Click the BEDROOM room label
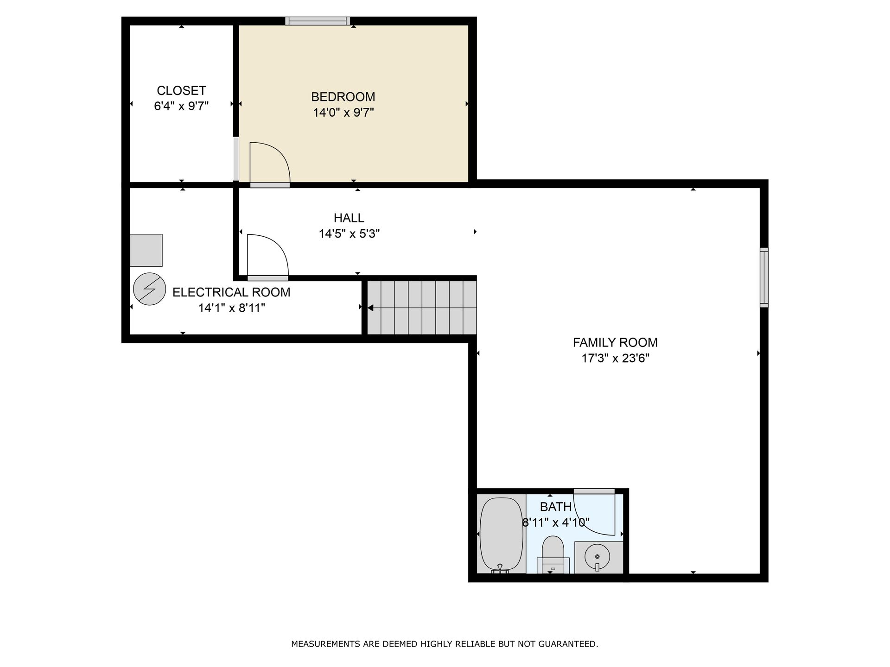pos(343,97)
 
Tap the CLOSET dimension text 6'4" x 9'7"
pos(181,106)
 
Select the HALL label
pos(349,218)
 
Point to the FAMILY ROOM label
pos(615,342)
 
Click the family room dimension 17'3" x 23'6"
pos(615,358)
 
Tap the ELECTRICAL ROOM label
pos(231,292)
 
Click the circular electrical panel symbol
pos(149,289)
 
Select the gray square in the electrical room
pos(146,250)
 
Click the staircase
pos(422,308)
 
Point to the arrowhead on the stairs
pos(370,308)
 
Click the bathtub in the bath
pos(502,535)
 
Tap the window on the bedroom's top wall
pos(318,20)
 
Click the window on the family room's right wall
pos(764,277)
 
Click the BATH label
pos(556,507)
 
